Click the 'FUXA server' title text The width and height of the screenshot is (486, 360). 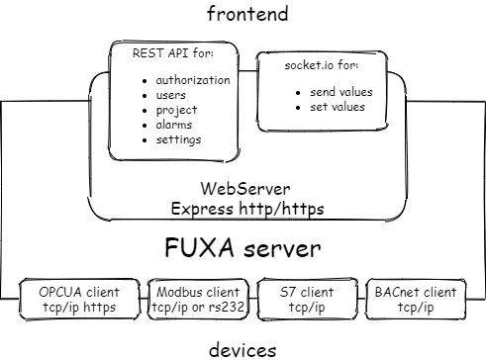tap(243, 246)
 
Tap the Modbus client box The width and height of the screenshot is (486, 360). tap(196, 300)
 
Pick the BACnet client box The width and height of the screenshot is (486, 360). tap(415, 300)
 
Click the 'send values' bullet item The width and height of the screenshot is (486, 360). tap(341, 91)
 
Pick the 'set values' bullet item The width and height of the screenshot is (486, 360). tap(337, 106)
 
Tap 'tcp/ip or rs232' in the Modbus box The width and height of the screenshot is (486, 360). tap(196, 308)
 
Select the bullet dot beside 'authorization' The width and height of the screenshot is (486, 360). tap(146, 81)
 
